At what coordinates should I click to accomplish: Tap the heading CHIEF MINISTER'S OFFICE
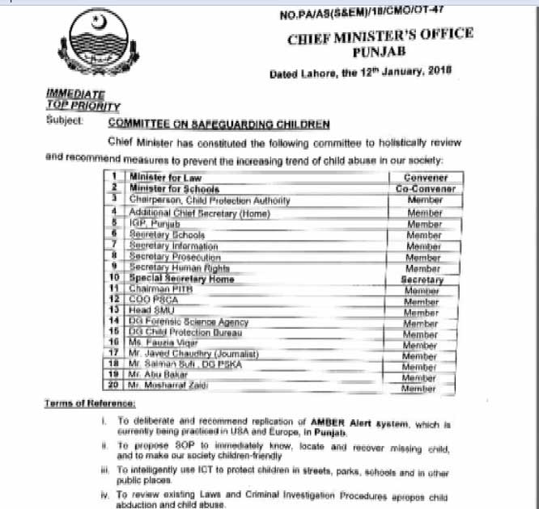(x=380, y=37)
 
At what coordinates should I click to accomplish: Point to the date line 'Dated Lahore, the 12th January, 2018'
(x=361, y=72)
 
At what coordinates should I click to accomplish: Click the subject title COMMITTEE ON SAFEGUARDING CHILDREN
(x=219, y=124)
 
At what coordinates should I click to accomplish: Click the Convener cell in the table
(x=427, y=177)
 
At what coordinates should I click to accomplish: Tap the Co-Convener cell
(x=427, y=188)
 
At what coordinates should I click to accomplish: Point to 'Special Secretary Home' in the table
(x=181, y=279)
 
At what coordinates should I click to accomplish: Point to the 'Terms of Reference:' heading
(x=90, y=403)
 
